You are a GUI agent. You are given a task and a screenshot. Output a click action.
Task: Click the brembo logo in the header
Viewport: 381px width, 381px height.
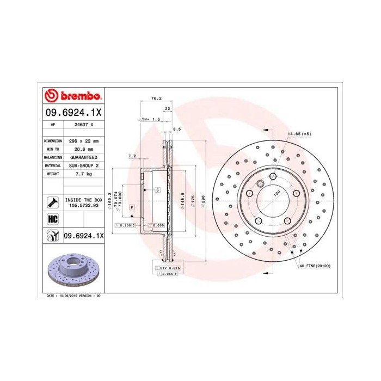pyautogui.click(x=72, y=96)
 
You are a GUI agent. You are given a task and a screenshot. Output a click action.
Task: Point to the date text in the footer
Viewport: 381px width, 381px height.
pyautogui.click(x=71, y=295)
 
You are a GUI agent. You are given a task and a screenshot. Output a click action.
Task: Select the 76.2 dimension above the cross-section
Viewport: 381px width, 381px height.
pyautogui.click(x=156, y=99)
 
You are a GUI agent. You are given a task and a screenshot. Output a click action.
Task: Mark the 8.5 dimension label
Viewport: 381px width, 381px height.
pyautogui.click(x=176, y=129)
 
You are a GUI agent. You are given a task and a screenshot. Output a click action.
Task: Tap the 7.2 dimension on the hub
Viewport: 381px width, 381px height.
pyautogui.click(x=131, y=156)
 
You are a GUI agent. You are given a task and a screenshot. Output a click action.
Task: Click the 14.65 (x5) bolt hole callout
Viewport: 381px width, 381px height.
pyautogui.click(x=299, y=134)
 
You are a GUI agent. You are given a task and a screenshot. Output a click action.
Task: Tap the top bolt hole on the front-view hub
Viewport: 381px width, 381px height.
pyautogui.click(x=272, y=176)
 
